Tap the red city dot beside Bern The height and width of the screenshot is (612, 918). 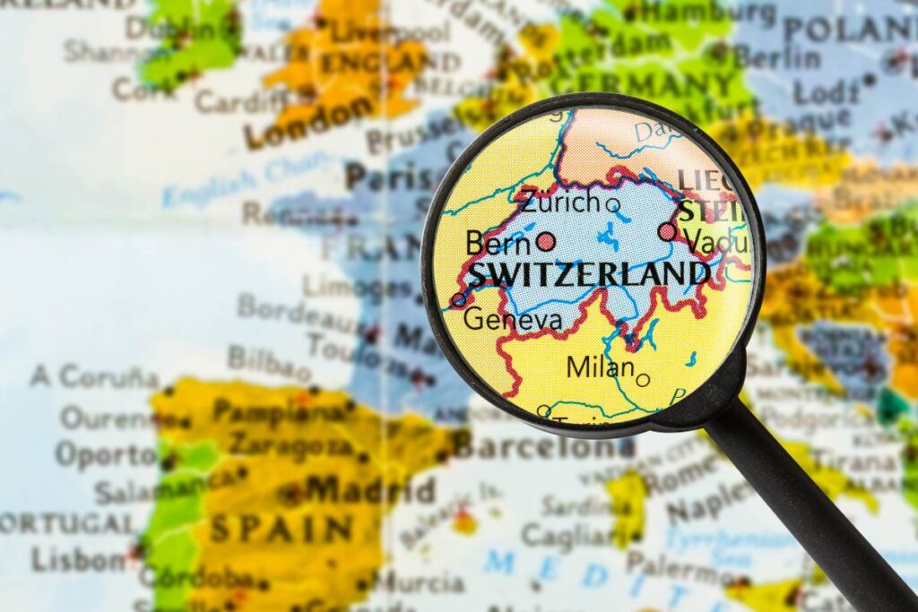546,242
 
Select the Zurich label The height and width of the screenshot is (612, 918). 559,202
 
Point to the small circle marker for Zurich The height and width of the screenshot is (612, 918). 613,205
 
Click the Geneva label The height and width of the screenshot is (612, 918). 513,319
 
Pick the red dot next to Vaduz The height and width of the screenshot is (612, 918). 667,232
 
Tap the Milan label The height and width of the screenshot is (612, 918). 600,366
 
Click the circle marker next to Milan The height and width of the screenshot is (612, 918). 642,380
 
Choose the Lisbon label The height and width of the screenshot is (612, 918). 79,560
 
